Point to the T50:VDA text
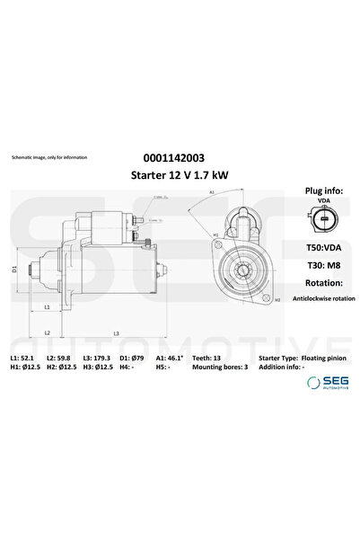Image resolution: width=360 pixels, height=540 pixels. pyautogui.click(x=321, y=247)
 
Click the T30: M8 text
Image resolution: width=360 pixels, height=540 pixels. pyautogui.click(x=321, y=267)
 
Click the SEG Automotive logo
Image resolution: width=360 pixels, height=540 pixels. pyautogui.click(x=329, y=382)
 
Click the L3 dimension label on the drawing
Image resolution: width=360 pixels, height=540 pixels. pyautogui.click(x=116, y=333)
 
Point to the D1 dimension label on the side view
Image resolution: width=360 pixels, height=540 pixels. pyautogui.click(x=13, y=269)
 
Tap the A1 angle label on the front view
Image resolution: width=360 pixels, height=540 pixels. pyautogui.click(x=212, y=192)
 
